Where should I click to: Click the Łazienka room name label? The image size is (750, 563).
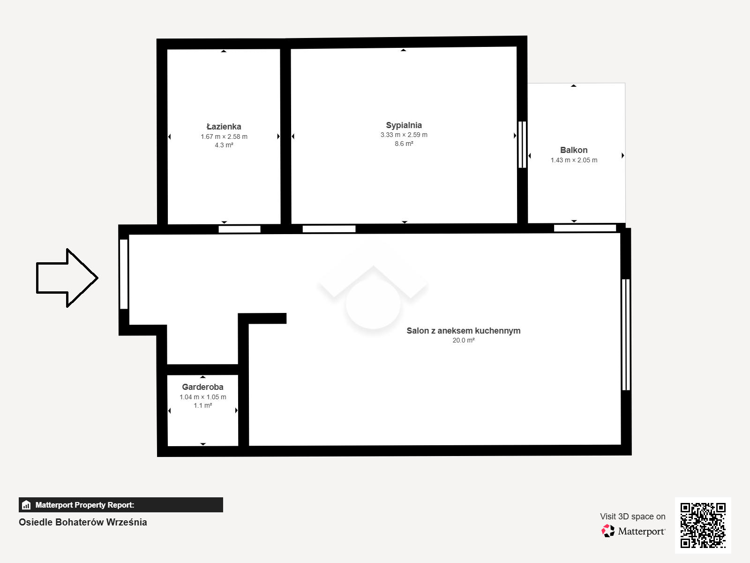(x=224, y=127)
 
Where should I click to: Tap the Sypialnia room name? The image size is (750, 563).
(x=404, y=125)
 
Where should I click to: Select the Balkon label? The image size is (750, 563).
(x=574, y=150)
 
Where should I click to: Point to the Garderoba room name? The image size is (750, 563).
(x=202, y=387)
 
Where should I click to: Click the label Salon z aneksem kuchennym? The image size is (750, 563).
(x=463, y=331)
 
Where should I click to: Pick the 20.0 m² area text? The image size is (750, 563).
(x=463, y=341)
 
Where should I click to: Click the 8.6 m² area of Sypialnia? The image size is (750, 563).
(x=404, y=144)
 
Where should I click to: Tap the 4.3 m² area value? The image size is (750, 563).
(x=224, y=145)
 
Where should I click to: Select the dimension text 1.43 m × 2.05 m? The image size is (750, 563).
(x=574, y=160)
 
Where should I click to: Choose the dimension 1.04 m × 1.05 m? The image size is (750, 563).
(x=202, y=397)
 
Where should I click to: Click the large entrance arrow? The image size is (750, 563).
(x=67, y=278)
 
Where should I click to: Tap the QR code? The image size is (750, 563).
(x=703, y=525)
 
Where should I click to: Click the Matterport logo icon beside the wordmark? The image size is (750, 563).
(x=608, y=531)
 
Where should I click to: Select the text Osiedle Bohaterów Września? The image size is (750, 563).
(x=82, y=522)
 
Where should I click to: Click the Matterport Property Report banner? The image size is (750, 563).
(x=120, y=505)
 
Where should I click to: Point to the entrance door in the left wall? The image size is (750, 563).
(x=124, y=274)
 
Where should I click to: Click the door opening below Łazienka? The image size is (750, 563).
(x=239, y=229)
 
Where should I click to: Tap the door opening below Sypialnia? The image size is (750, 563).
(x=329, y=229)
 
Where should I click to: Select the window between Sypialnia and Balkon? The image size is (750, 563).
(x=522, y=145)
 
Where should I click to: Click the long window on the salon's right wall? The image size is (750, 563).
(x=626, y=335)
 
